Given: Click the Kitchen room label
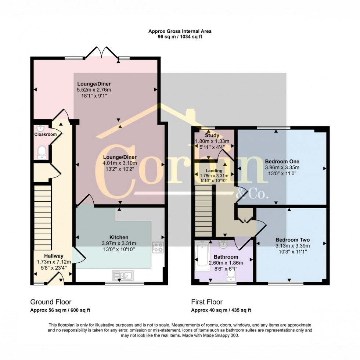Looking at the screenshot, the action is pos(119,237).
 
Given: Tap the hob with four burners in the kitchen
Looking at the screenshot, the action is pos(158,247).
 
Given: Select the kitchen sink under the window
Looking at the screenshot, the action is pos(123,275).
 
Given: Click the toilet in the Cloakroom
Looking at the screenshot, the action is pos(42,152).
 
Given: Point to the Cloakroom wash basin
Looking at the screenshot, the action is pos(40,128).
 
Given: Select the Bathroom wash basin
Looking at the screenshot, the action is pos(223,245).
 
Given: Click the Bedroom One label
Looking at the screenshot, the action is pos(282,161).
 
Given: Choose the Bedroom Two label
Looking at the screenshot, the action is pos(293,240).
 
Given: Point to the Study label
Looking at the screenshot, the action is pos(212,136).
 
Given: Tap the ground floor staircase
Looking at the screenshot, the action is pos(43,217).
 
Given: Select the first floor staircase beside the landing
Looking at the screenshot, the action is pos(204,211).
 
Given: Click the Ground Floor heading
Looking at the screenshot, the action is pos(51,302).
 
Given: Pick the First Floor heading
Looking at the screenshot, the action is pos(207,302).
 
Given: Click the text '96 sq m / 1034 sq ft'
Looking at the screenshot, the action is pos(180,37).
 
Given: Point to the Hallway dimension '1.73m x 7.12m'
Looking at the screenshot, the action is pos(54,262).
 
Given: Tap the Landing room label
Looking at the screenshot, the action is pos(214,171).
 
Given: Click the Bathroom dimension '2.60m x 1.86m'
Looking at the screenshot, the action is pos(226,263).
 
